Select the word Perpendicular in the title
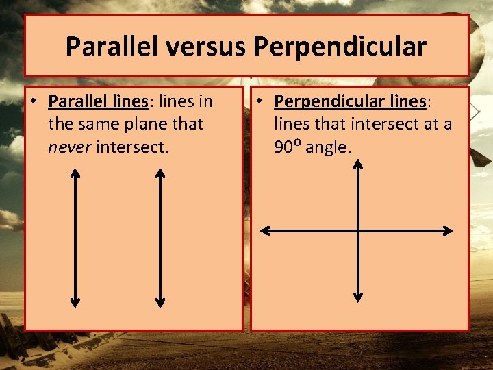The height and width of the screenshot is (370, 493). click(x=340, y=47)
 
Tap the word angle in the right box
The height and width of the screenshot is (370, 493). click(x=328, y=146)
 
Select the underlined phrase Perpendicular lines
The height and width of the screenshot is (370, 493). click(x=350, y=102)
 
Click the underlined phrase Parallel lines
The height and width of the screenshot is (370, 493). click(x=99, y=102)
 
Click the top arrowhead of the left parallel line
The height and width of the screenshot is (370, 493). click(x=75, y=173)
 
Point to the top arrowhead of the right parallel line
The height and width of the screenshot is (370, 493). click(x=160, y=173)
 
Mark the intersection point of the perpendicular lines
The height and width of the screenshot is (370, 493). click(x=357, y=231)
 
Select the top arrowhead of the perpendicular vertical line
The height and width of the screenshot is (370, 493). click(x=357, y=165)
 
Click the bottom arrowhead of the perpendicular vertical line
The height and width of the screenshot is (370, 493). click(x=357, y=297)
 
